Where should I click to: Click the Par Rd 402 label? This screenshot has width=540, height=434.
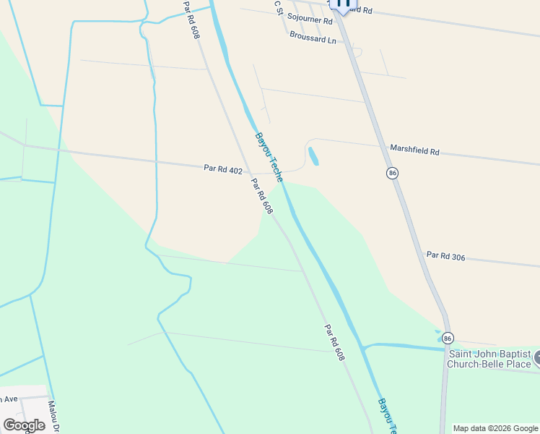click(222, 169)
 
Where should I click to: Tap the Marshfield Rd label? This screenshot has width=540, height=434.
click(414, 150)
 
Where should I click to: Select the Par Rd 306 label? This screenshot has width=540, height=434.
click(445, 255)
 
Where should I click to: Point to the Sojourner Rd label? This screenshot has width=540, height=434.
click(309, 16)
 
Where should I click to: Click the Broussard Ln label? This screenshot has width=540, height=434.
click(313, 35)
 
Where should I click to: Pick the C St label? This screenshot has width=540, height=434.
click(277, 7)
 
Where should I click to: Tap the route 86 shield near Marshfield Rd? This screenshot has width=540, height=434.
click(392, 173)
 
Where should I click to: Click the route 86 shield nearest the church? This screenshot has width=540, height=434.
click(448, 338)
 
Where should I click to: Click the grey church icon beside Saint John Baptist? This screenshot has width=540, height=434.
click(537, 357)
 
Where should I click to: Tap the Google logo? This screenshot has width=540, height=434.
click(24, 425)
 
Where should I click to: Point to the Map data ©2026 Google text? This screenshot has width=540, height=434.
click(495, 428)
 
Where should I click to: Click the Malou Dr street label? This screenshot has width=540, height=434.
click(52, 416)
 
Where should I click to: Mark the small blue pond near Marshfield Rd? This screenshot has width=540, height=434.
click(313, 156)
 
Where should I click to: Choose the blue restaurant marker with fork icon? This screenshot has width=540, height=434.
click(343, 4)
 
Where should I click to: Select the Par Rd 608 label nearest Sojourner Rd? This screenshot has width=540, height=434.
click(191, 20)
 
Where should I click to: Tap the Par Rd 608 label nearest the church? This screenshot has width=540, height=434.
click(334, 342)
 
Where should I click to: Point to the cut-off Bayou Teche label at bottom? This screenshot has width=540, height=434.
click(388, 416)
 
